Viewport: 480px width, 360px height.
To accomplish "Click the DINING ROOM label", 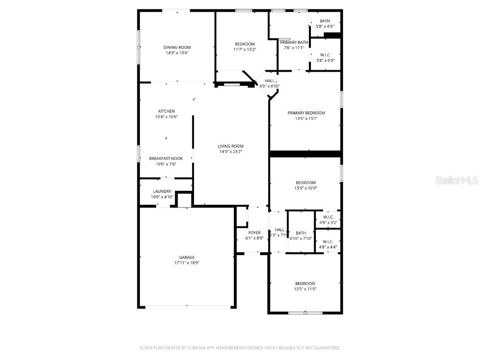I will [177, 47].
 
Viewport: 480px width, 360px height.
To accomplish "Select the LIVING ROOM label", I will [231, 146].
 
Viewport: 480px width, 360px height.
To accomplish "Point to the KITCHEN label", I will [166, 111].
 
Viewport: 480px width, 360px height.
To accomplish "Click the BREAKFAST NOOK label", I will [166, 158].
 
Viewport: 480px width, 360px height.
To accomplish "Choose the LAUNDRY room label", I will [162, 191].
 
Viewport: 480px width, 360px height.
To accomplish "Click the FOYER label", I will [255, 232].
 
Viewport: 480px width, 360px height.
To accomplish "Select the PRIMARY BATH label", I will [294, 43].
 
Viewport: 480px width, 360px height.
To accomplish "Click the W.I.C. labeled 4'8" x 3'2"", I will [328, 222].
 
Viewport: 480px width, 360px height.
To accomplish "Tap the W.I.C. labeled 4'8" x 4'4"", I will [328, 247].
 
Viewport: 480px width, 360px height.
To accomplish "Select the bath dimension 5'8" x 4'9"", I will [325, 26].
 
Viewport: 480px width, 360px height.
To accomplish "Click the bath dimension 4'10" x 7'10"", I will [301, 238].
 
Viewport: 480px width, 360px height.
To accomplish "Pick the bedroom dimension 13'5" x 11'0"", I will [305, 289].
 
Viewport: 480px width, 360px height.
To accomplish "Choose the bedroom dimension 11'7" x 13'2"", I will [245, 49].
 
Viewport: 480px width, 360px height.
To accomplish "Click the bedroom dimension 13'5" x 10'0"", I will [305, 188].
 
